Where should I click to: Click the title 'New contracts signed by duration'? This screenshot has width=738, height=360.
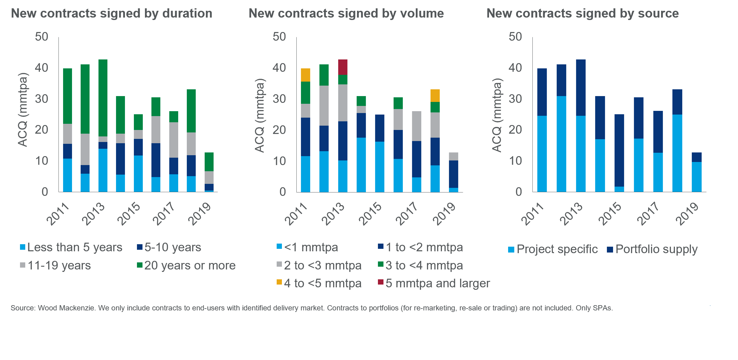(x=111, y=14)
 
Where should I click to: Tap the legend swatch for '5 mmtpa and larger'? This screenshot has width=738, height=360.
(x=381, y=282)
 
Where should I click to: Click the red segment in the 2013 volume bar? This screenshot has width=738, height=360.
(x=343, y=67)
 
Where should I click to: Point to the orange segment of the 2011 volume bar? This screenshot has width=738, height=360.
(x=305, y=75)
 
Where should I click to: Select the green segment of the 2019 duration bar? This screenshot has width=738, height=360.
(x=209, y=162)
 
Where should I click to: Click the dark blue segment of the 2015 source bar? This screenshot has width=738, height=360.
(x=619, y=150)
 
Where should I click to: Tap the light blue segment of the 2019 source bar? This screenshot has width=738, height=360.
(x=696, y=177)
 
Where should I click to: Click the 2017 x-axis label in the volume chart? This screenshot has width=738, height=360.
(x=407, y=214)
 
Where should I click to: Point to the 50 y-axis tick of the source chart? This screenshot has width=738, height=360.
(x=515, y=37)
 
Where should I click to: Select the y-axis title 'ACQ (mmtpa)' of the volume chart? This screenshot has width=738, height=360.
(x=260, y=115)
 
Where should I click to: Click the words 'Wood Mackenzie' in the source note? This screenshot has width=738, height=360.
(x=66, y=308)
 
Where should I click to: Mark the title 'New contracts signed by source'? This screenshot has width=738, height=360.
(x=582, y=14)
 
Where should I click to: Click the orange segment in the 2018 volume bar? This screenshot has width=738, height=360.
(x=435, y=95)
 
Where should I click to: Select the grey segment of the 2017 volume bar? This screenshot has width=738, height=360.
(x=416, y=126)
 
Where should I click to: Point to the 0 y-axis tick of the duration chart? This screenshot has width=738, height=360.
(x=45, y=192)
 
